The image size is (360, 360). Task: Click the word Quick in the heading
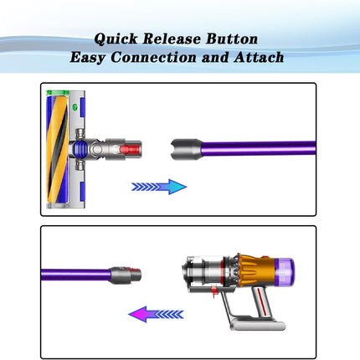coord(116,39)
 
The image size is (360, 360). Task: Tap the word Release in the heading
coord(172,39)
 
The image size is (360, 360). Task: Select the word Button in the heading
coord(232,39)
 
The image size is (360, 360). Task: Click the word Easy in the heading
coord(88,58)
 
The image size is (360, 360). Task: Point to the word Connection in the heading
coord(153,57)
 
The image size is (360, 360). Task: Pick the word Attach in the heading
coord(259,57)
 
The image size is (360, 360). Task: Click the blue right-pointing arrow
coord(159,187)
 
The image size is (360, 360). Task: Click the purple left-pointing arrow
coord(156,314)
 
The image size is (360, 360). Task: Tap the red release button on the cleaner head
coord(130,150)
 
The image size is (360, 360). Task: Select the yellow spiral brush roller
coord(58,149)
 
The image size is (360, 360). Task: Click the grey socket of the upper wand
coord(186,150)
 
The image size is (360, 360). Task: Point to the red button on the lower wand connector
coord(134,270)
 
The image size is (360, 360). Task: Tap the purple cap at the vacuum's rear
coord(285,271)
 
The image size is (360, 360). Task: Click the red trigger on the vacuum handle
coord(214,291)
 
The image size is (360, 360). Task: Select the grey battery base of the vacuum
coord(257,324)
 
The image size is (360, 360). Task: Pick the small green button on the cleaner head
coord(75,107)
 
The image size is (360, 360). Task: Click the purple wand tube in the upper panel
coord(259,148)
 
